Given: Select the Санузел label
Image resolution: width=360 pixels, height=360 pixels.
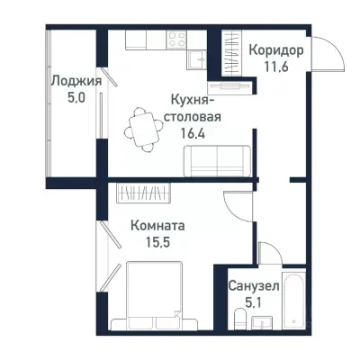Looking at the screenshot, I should coord(253,285).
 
